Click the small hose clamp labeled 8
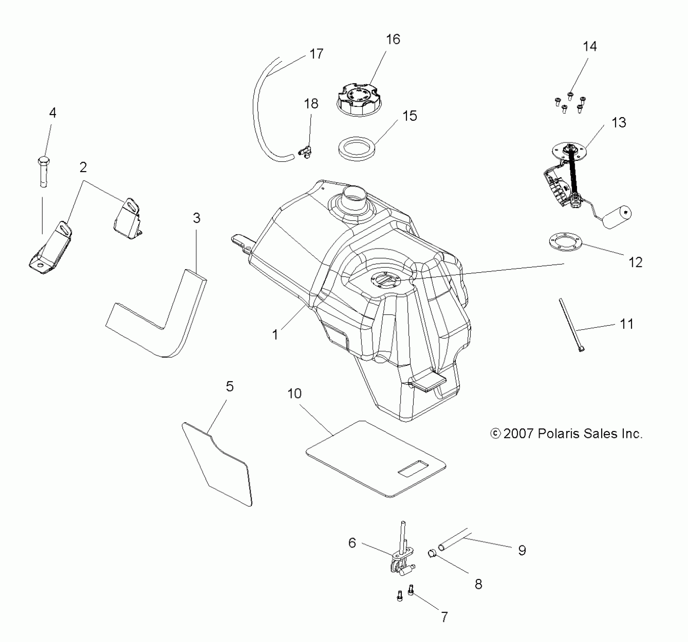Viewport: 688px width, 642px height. (x=432, y=554)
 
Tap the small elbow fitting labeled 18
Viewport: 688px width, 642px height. (x=305, y=152)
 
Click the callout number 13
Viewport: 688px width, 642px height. (x=619, y=122)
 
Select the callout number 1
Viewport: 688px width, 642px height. (x=275, y=335)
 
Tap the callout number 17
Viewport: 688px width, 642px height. (x=316, y=54)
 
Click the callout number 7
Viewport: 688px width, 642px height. (x=444, y=617)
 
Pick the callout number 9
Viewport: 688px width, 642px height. (x=522, y=550)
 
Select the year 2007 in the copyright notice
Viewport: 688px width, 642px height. (x=518, y=434)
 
